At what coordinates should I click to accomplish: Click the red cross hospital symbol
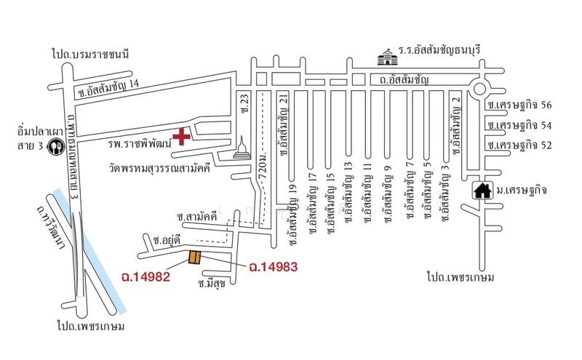pyautogui.click(x=181, y=137)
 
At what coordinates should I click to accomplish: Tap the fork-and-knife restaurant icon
pyautogui.click(x=56, y=147)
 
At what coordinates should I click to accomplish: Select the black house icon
pyautogui.click(x=483, y=191)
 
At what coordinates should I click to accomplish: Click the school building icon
pyautogui.click(x=388, y=57)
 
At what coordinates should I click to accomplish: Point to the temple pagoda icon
pyautogui.click(x=242, y=148)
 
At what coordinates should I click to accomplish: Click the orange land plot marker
pyautogui.click(x=195, y=257)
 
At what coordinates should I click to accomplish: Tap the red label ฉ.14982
pyautogui.click(x=146, y=276)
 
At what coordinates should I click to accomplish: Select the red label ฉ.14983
pyautogui.click(x=274, y=266)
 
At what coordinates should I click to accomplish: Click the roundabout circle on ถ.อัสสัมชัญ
pyautogui.click(x=479, y=89)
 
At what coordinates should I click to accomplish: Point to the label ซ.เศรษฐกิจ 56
pyautogui.click(x=519, y=105)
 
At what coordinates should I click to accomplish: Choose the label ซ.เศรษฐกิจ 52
pyautogui.click(x=519, y=145)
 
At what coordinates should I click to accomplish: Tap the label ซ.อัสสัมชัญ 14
pyautogui.click(x=108, y=89)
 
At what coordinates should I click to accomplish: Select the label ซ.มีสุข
pyautogui.click(x=212, y=284)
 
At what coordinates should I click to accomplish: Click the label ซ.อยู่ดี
pyautogui.click(x=167, y=241)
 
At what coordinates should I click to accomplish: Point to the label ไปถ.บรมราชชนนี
pyautogui.click(x=90, y=55)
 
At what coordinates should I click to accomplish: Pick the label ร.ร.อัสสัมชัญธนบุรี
pyautogui.click(x=440, y=49)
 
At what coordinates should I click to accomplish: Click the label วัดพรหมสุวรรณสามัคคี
pyautogui.click(x=159, y=168)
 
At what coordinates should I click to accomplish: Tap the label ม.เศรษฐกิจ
pyautogui.click(x=522, y=191)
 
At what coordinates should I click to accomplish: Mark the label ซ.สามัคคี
pyautogui.click(x=197, y=217)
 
